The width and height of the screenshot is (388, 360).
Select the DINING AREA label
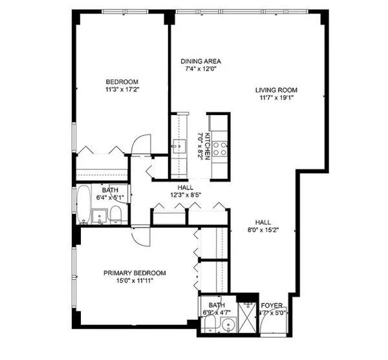tap(201, 62)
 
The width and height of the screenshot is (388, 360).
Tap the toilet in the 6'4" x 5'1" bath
tap(114, 215)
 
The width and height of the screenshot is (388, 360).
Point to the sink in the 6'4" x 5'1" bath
tap(99, 217)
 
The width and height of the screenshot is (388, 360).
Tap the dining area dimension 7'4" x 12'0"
tap(201, 70)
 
